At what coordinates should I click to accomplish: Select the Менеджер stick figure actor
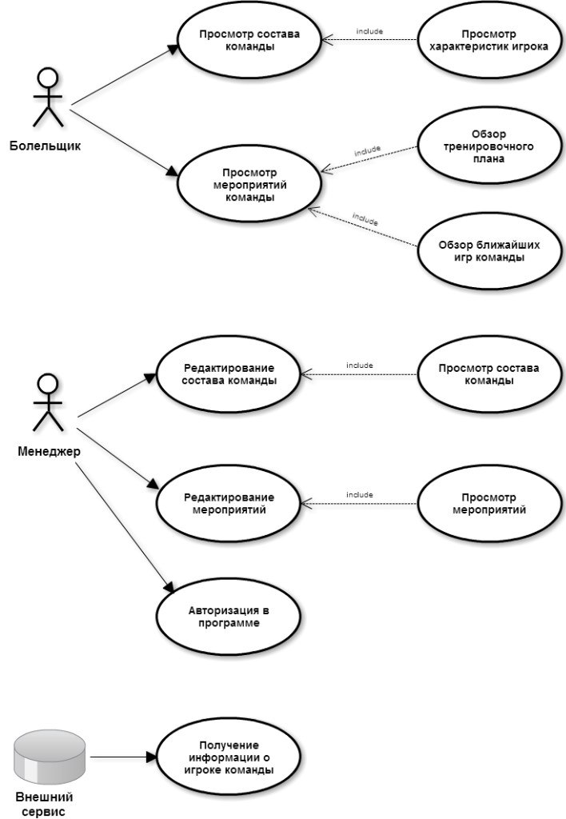48,403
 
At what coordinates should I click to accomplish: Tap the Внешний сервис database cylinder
49,757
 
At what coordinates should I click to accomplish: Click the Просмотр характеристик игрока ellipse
489,40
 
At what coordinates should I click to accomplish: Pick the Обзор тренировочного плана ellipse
489,146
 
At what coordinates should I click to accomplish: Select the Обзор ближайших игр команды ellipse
489,251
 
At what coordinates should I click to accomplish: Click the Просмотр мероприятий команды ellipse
249,185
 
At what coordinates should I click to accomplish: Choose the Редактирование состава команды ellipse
229,374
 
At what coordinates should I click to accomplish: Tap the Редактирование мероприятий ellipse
229,504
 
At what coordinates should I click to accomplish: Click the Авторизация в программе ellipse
229,617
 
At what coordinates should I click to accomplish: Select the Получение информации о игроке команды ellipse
229,757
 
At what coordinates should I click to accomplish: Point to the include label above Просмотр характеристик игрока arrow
369,31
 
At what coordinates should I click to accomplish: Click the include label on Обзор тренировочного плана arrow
368,151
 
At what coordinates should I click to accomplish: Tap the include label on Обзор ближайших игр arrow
365,219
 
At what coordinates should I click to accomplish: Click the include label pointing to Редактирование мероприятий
360,494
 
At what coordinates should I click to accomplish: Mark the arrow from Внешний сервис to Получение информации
123,757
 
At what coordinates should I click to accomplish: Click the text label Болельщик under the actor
46,146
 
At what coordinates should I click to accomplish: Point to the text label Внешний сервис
45,805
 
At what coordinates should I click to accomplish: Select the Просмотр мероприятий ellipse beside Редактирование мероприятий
489,504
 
